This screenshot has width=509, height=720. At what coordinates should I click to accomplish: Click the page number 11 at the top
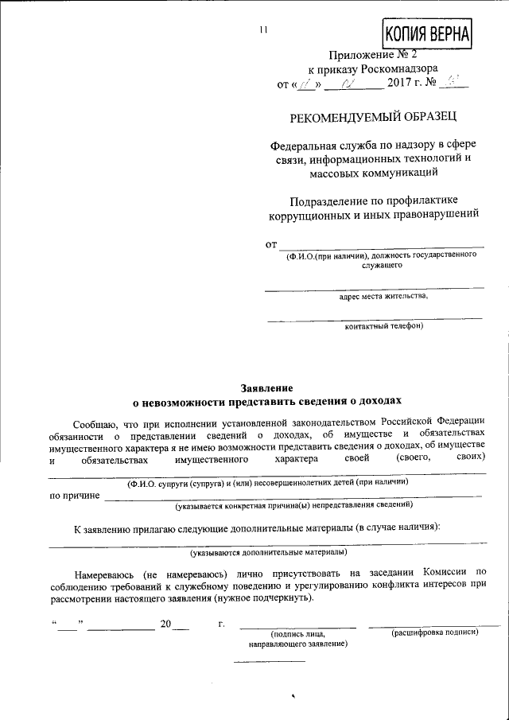(x=265, y=31)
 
